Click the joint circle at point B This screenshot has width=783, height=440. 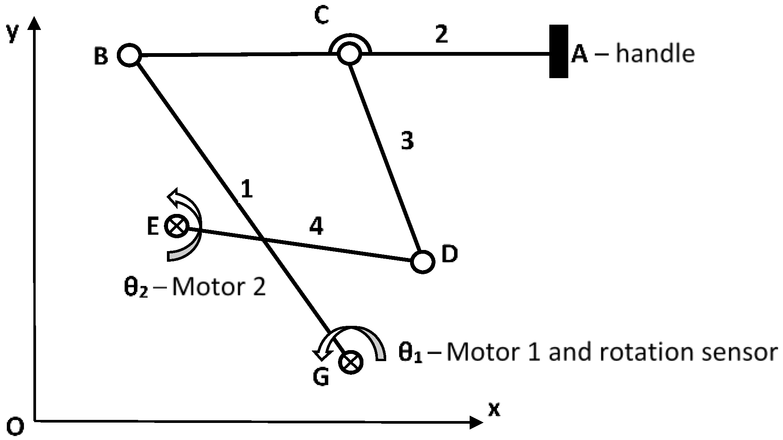(x=129, y=55)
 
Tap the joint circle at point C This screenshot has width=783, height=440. (x=349, y=53)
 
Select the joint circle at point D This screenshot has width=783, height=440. (x=422, y=261)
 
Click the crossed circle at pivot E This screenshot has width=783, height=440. (x=177, y=226)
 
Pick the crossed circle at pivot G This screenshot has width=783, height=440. (x=351, y=362)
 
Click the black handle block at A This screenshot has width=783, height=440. (x=558, y=51)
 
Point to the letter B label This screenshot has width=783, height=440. (x=101, y=57)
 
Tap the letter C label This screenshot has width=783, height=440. (x=322, y=16)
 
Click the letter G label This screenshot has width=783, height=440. (x=321, y=378)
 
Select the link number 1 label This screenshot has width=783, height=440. (x=247, y=189)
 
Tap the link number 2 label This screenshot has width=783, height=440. (x=441, y=35)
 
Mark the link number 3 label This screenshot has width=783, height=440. (x=407, y=141)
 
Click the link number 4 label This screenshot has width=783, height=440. (x=316, y=227)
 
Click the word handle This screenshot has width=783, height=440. (x=655, y=53)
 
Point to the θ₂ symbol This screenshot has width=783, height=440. (x=135, y=288)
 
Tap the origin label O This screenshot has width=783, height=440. (x=16, y=427)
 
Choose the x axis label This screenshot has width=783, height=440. (x=494, y=410)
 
